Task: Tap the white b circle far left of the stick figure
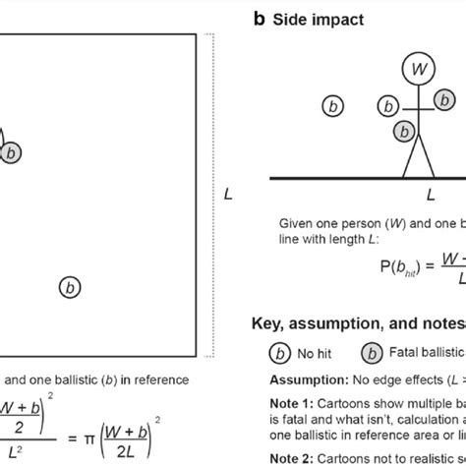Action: click(x=333, y=104)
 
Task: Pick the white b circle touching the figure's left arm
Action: click(x=390, y=107)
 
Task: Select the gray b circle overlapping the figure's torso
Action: click(x=404, y=130)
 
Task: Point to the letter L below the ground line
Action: click(x=430, y=195)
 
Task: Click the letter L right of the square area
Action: click(x=228, y=194)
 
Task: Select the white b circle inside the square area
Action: click(x=70, y=287)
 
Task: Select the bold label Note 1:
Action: click(x=290, y=403)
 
